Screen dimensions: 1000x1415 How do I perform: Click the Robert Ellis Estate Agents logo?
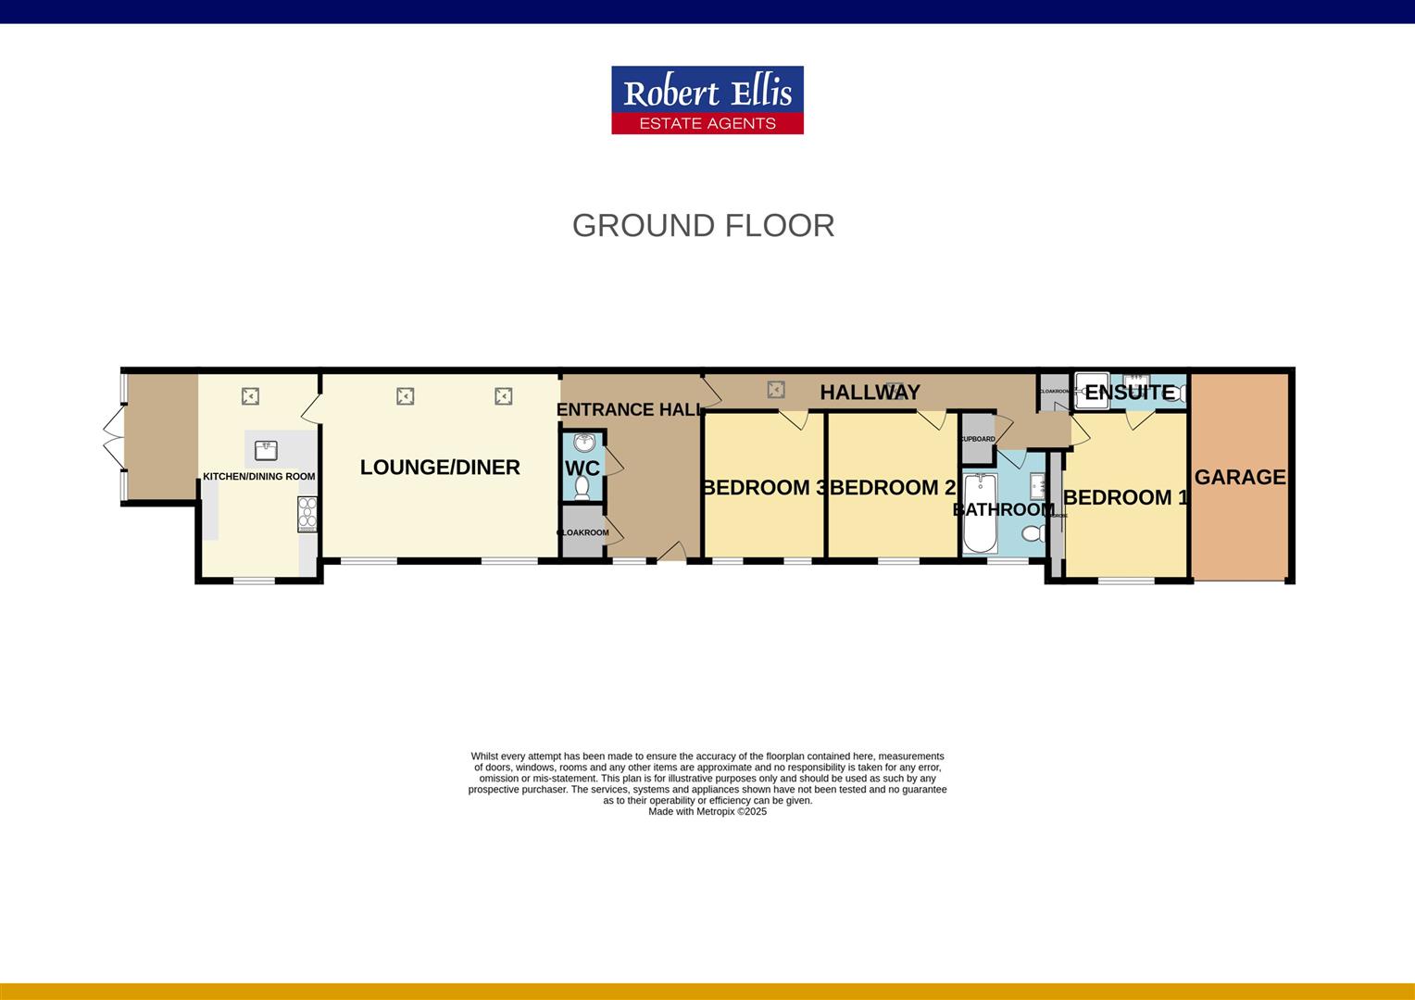(707, 100)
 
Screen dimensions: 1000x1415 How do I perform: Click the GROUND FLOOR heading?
(703, 225)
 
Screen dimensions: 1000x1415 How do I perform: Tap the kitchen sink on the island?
(266, 450)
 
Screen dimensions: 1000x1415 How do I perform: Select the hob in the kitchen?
(307, 514)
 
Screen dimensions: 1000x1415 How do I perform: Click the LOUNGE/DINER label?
(440, 468)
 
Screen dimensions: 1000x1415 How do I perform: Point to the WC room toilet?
(582, 487)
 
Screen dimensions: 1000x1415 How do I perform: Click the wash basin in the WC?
(583, 443)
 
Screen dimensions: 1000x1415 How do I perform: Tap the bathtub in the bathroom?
(980, 513)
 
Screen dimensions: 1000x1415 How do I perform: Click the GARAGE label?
(1240, 477)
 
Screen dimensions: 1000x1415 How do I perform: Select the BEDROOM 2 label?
(892, 488)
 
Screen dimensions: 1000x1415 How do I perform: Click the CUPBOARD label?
(977, 439)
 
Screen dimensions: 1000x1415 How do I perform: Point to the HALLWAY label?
(870, 393)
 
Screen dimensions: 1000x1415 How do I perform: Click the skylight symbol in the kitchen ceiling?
(249, 396)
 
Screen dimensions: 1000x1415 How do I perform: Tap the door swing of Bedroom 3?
(794, 419)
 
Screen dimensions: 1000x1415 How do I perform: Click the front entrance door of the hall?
(671, 553)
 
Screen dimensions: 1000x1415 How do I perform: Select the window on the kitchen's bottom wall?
(254, 581)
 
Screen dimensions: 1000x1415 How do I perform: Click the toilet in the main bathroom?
(1033, 532)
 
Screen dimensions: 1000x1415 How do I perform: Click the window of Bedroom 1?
(1126, 581)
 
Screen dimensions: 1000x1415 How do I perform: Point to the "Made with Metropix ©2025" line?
(707, 812)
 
